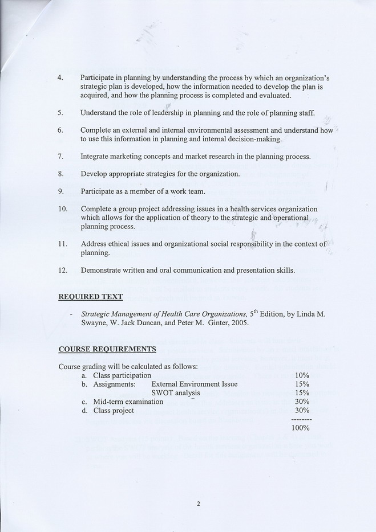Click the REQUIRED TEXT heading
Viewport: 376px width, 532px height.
(x=90, y=296)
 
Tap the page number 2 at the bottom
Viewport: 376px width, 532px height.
(x=198, y=503)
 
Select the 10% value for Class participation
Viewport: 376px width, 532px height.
(x=302, y=375)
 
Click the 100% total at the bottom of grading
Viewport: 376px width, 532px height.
(x=300, y=428)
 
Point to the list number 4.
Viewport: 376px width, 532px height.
(x=60, y=77)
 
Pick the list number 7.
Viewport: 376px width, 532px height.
(x=60, y=156)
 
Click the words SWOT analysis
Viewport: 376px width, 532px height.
(x=176, y=392)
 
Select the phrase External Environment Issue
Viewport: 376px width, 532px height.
(x=194, y=384)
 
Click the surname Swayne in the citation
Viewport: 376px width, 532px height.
(x=94, y=322)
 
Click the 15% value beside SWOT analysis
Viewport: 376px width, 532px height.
(x=302, y=392)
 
